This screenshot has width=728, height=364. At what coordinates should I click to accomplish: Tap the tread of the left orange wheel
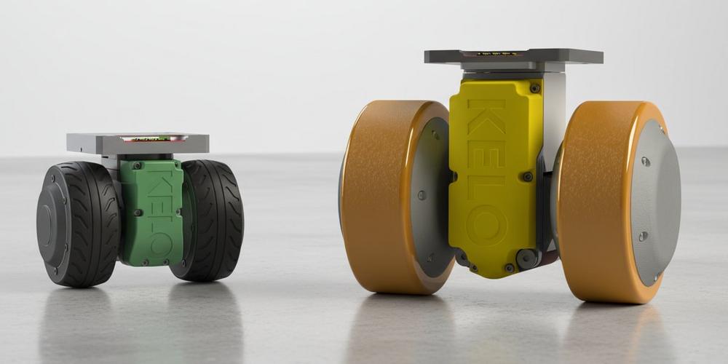click(379, 197)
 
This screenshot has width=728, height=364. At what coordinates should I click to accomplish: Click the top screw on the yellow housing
click(535, 88)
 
